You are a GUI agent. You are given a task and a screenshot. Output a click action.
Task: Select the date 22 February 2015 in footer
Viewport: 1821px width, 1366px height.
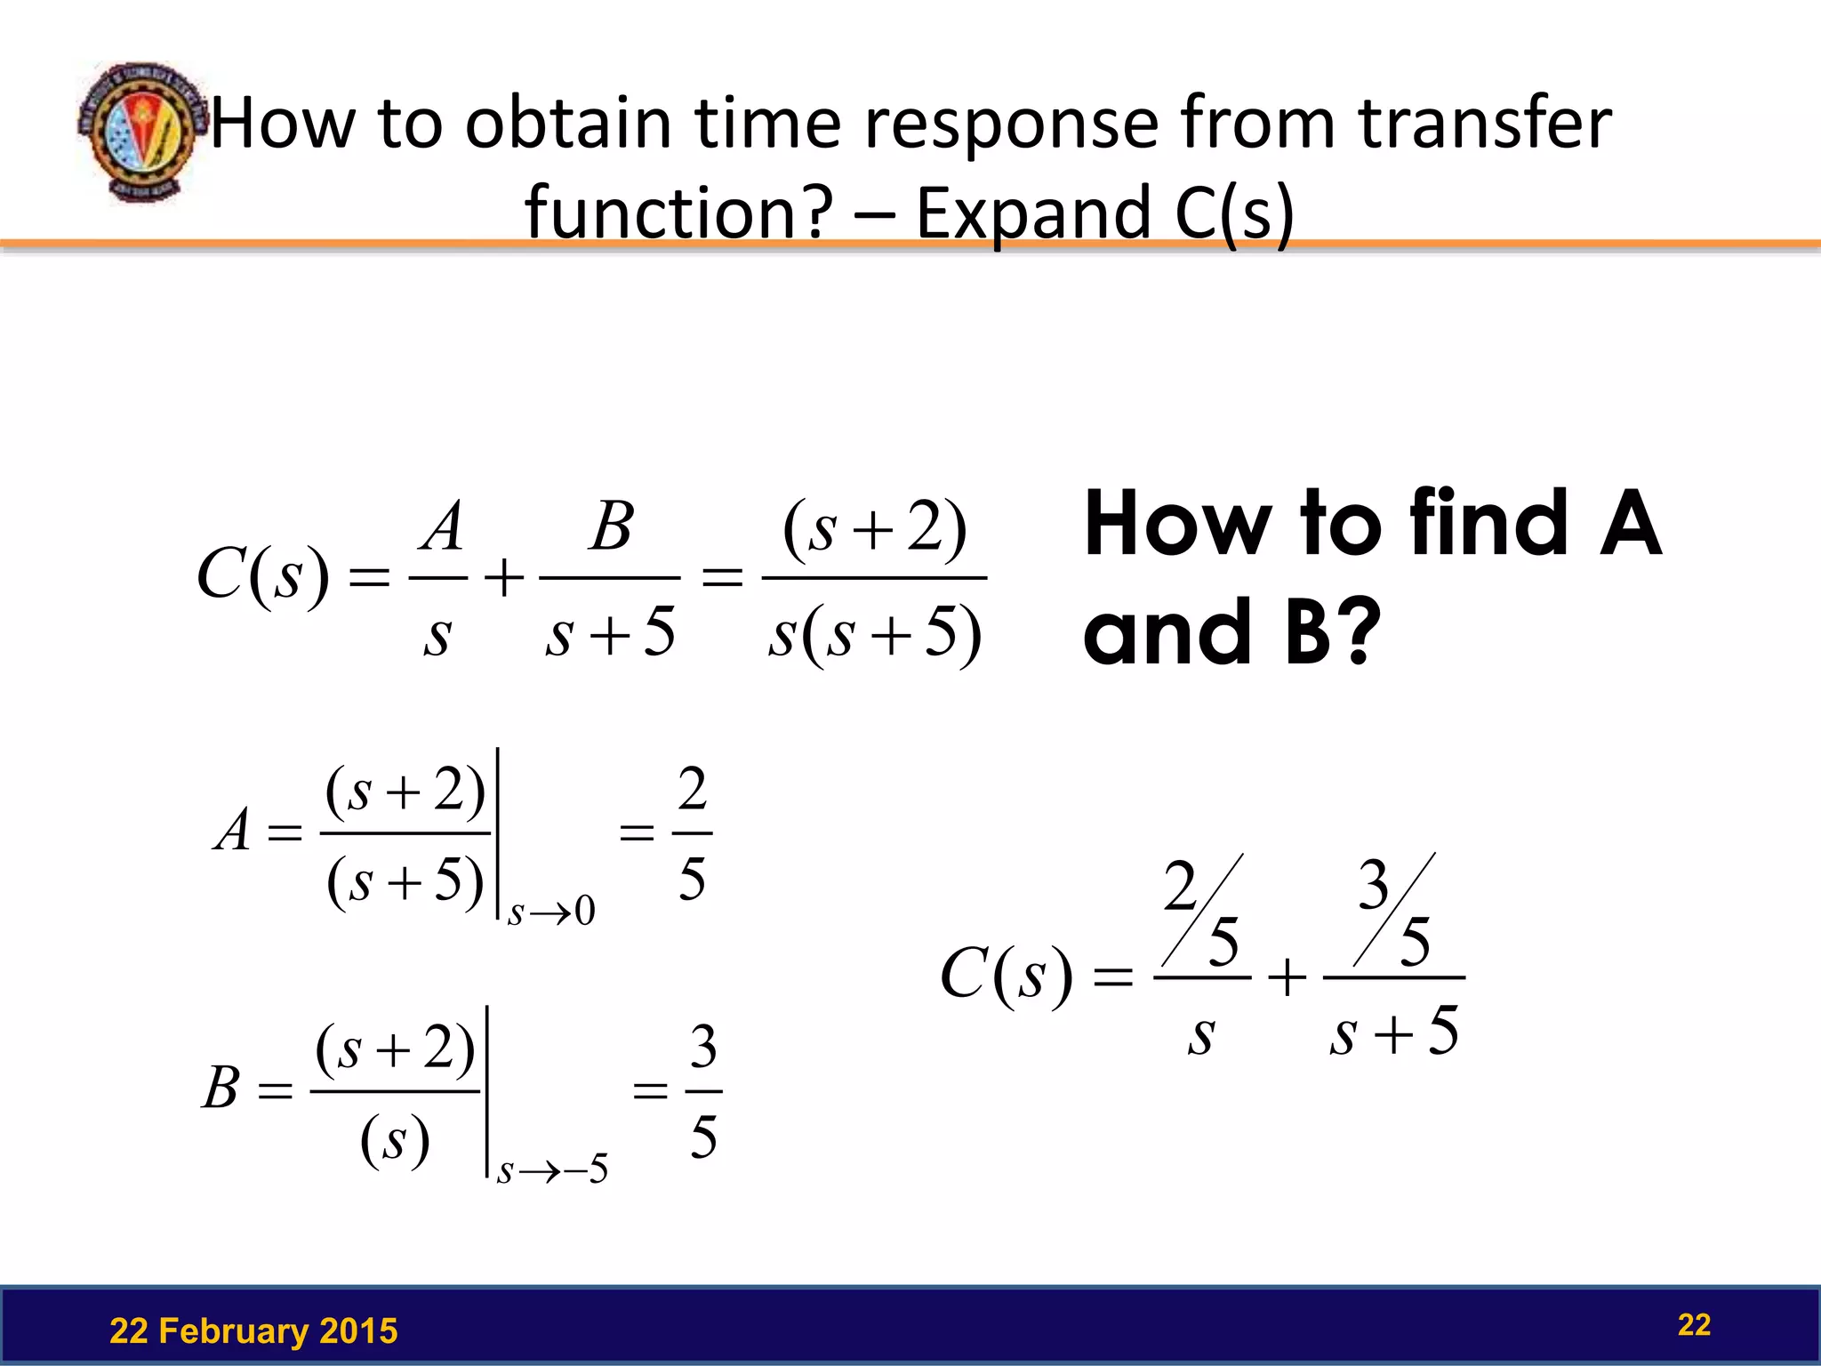(x=253, y=1331)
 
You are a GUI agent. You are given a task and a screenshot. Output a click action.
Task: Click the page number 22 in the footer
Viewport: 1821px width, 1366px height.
(x=1694, y=1325)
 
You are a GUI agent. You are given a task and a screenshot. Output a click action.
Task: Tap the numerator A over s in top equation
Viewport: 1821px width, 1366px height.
(x=442, y=527)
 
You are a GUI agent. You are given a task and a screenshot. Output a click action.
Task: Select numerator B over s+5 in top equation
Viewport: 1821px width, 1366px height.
(x=612, y=526)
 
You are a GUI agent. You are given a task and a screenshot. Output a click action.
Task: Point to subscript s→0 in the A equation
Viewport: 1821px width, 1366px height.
(x=551, y=912)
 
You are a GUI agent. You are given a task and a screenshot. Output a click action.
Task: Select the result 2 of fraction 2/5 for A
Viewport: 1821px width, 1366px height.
(x=692, y=789)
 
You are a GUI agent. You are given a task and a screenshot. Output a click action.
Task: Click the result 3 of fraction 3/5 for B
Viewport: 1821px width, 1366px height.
(x=702, y=1047)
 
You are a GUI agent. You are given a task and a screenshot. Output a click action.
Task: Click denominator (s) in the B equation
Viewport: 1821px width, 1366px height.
(x=395, y=1140)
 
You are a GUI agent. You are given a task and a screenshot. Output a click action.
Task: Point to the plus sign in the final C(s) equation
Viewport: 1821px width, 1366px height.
(x=1287, y=978)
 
